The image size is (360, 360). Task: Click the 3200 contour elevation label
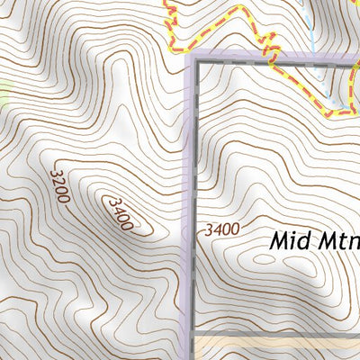pyautogui.click(x=60, y=184)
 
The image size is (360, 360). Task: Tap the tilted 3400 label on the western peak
pyautogui.click(x=119, y=214)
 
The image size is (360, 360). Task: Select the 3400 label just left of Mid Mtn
pyautogui.click(x=222, y=229)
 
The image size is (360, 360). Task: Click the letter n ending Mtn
pyautogui.click(x=353, y=242)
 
